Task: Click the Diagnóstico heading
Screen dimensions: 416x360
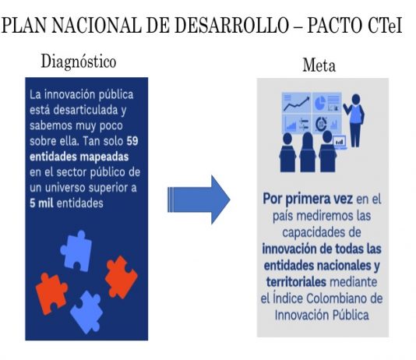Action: coord(79,62)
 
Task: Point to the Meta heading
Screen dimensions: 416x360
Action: coord(319,65)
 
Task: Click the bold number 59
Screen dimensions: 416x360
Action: coord(132,141)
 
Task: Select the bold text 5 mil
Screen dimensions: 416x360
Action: coord(41,203)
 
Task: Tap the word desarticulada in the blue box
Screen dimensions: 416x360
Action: coord(86,110)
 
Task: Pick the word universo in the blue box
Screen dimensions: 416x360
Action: coord(65,188)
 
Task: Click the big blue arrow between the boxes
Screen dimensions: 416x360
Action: coord(199,199)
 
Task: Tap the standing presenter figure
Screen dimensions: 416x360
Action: coord(354,121)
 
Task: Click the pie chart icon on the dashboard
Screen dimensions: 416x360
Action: coord(320,103)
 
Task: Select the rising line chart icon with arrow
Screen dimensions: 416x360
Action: coord(296,104)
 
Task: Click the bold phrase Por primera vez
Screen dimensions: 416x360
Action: coord(308,199)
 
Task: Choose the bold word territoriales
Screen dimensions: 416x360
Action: coord(296,282)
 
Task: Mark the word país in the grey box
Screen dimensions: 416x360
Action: coord(283,216)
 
